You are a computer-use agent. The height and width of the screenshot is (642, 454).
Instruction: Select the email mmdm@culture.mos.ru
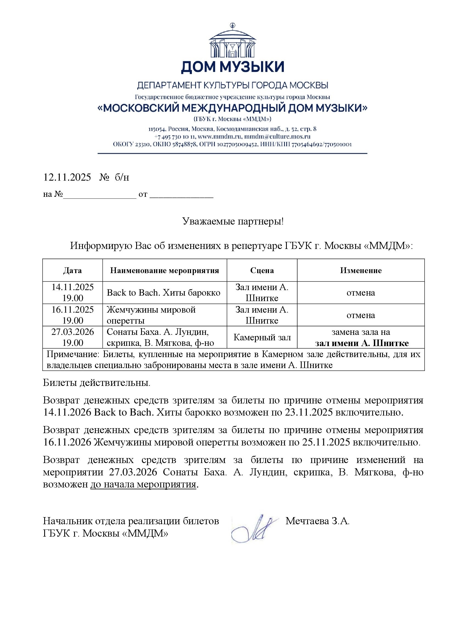[277, 137]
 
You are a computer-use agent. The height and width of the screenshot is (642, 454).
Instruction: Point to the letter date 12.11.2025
[67, 177]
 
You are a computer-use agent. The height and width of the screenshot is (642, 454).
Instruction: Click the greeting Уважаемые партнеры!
[233, 222]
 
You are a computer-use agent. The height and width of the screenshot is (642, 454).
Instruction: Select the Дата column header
[72, 270]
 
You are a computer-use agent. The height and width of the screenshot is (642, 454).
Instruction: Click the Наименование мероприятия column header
[164, 270]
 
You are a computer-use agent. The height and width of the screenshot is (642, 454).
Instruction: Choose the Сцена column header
[262, 270]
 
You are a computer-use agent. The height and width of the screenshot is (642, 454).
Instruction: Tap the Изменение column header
[361, 270]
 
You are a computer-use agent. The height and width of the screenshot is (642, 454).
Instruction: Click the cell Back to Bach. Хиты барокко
[164, 293]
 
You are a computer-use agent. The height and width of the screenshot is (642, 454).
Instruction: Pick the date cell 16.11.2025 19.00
[72, 315]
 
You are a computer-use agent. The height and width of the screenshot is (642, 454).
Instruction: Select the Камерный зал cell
[262, 338]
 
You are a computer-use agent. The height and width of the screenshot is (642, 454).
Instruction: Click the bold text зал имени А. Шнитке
[362, 343]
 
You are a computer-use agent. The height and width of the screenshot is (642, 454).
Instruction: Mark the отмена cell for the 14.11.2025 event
[361, 293]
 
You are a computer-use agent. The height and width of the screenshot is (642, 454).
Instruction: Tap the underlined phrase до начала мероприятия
[143, 484]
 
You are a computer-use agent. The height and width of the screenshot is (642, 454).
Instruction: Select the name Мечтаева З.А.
[317, 521]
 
